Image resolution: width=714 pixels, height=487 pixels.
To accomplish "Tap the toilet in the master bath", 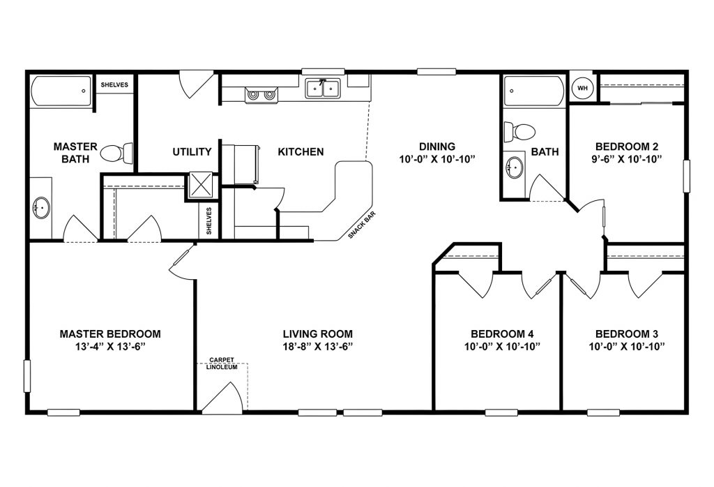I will click(x=117, y=151).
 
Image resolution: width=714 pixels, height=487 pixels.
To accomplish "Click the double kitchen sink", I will click(x=322, y=89).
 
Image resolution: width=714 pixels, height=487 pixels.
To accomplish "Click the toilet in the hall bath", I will click(x=519, y=130).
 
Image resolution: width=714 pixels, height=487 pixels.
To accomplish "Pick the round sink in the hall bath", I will click(x=515, y=167).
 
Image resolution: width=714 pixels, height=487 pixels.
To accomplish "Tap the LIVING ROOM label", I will click(x=317, y=334).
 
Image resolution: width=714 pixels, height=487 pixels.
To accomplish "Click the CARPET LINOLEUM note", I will click(x=220, y=364).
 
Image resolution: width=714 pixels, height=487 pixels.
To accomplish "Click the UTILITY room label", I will click(x=192, y=152).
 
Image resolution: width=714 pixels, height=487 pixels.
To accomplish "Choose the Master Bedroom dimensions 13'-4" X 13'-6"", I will click(x=110, y=346).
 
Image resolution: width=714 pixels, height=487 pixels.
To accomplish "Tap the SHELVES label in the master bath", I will click(x=114, y=85).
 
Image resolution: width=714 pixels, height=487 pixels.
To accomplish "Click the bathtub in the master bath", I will click(x=61, y=91).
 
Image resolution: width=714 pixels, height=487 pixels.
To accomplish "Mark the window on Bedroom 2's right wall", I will click(x=686, y=175).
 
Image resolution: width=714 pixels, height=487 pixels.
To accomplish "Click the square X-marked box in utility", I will click(x=201, y=186).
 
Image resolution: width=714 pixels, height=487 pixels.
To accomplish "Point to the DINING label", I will click(x=437, y=147).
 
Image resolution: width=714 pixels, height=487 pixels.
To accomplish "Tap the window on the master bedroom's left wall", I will click(x=27, y=375).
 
